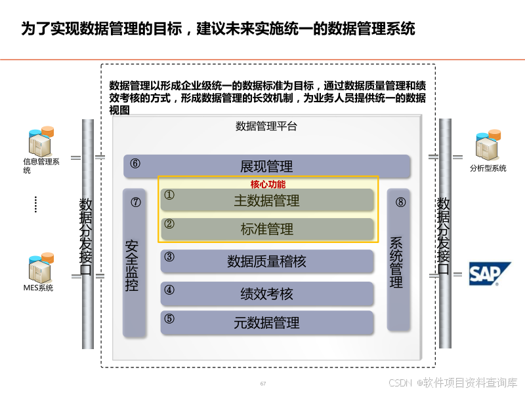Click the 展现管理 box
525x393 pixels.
click(266, 166)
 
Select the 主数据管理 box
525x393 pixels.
click(266, 200)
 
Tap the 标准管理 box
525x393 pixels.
click(266, 229)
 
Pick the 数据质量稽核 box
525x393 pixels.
click(266, 261)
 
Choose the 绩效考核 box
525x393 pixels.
click(266, 294)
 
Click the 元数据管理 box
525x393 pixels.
click(266, 322)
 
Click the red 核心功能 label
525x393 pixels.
click(268, 184)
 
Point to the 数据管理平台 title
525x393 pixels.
click(266, 126)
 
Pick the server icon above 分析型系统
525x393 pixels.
click(488, 145)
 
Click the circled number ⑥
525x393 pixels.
click(135, 164)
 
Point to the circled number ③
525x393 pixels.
click(169, 257)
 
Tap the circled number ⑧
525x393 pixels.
click(401, 202)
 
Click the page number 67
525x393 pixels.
click(263, 383)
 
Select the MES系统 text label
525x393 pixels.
click(38, 288)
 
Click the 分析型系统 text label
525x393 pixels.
click(488, 168)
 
